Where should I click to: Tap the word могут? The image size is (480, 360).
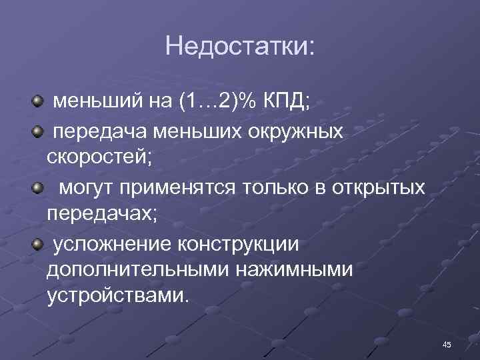[x=87, y=188]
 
